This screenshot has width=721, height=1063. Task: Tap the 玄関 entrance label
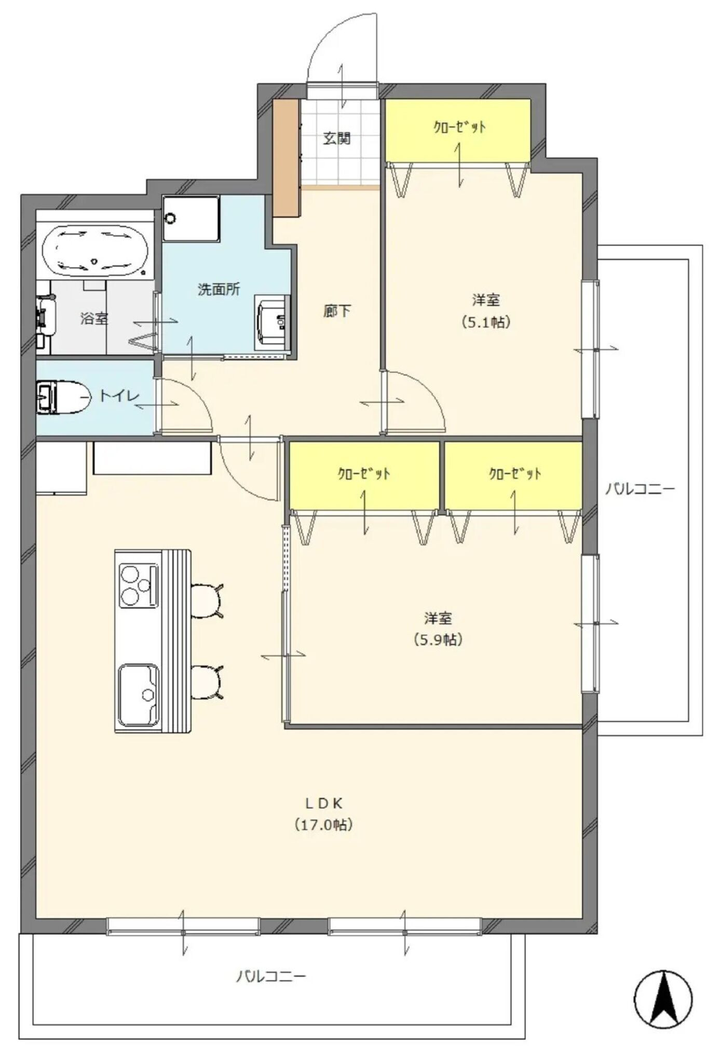click(337, 138)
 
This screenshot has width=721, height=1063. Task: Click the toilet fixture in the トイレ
click(61, 398)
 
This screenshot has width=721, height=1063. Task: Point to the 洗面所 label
click(219, 289)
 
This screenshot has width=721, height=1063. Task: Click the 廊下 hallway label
click(337, 311)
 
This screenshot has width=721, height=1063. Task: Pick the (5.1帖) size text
click(486, 322)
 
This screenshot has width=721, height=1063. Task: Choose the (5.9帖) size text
click(438, 639)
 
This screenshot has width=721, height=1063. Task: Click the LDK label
click(323, 803)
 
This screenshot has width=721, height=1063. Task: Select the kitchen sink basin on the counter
click(139, 694)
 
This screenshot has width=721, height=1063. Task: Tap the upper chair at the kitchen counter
click(207, 601)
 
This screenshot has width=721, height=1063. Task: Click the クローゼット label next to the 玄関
click(459, 127)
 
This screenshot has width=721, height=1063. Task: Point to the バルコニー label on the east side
click(640, 488)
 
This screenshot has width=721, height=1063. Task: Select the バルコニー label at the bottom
click(271, 976)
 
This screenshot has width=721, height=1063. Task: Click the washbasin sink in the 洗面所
click(273, 322)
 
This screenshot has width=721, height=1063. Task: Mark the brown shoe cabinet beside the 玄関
click(287, 158)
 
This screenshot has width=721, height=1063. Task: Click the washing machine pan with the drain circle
click(191, 219)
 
